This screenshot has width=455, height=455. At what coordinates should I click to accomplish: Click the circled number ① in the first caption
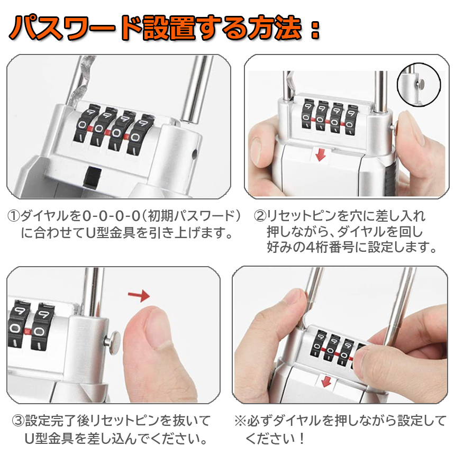(x=14, y=216)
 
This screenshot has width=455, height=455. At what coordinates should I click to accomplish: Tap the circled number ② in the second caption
(x=260, y=216)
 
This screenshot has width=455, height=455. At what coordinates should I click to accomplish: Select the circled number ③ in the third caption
(x=18, y=421)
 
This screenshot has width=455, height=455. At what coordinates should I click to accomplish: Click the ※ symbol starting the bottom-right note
(x=241, y=421)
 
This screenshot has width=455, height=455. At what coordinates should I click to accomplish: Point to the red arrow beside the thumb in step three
(x=139, y=295)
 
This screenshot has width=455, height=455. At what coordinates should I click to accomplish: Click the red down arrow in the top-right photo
(x=321, y=155)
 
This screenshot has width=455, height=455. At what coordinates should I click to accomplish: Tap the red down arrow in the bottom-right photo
(x=326, y=381)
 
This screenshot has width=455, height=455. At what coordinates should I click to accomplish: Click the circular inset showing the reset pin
(x=418, y=85)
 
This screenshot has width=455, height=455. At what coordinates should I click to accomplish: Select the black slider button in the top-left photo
(x=92, y=177)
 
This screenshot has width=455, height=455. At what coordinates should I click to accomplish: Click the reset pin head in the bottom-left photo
(x=114, y=342)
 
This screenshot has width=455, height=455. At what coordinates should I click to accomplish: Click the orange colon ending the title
(x=315, y=30)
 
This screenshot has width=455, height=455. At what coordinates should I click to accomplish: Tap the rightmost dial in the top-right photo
(x=351, y=119)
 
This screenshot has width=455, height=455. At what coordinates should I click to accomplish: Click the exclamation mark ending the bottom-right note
(x=302, y=438)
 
